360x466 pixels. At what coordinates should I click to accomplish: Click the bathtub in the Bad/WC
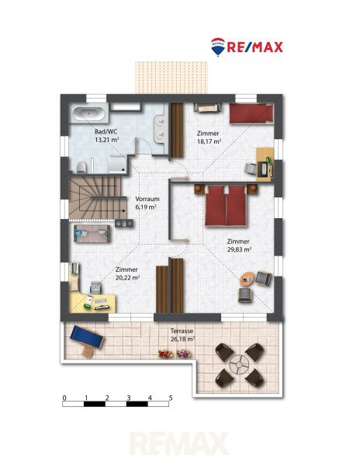[89, 113]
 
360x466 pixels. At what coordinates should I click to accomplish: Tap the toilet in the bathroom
[81, 168]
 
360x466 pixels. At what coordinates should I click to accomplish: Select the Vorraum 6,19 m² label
[147, 203]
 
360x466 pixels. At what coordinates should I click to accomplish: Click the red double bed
[226, 206]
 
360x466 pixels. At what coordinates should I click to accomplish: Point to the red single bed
[251, 113]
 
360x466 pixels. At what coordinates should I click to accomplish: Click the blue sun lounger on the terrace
[87, 337]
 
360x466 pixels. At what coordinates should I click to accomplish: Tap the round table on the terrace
[239, 364]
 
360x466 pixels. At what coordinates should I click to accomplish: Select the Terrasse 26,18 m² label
[182, 335]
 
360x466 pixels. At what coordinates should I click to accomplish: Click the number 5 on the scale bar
[171, 398]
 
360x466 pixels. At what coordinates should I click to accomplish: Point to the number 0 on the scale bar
[64, 398]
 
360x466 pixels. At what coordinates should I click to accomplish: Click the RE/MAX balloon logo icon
[218, 47]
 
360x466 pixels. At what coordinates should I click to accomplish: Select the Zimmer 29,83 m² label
[239, 245]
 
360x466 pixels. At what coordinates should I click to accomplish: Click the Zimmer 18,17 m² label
[209, 137]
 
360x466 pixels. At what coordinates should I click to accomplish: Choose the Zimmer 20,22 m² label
[127, 273]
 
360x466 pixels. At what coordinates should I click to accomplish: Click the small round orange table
[247, 279]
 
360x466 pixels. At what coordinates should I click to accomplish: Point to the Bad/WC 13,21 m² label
[107, 135]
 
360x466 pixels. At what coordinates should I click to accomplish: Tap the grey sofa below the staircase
[92, 234]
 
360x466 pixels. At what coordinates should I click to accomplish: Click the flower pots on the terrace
[175, 354]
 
